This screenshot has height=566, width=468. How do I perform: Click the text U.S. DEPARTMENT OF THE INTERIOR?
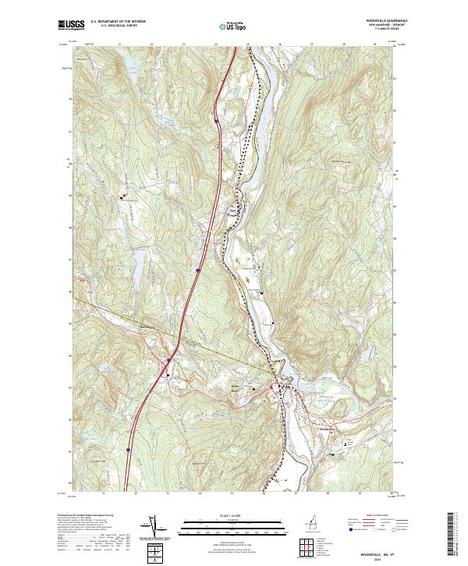118,21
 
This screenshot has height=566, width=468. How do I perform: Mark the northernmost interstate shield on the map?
215,121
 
